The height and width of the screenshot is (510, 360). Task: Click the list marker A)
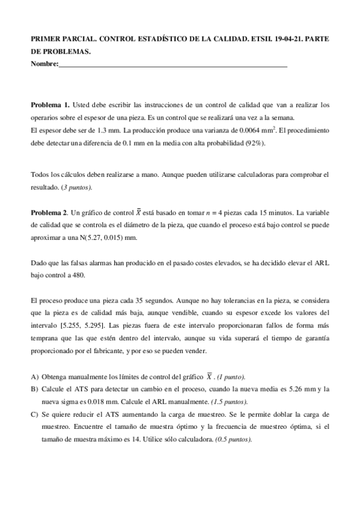tap(34, 376)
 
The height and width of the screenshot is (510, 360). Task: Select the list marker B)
tap(34, 389)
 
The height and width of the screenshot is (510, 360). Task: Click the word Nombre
tap(43, 63)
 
